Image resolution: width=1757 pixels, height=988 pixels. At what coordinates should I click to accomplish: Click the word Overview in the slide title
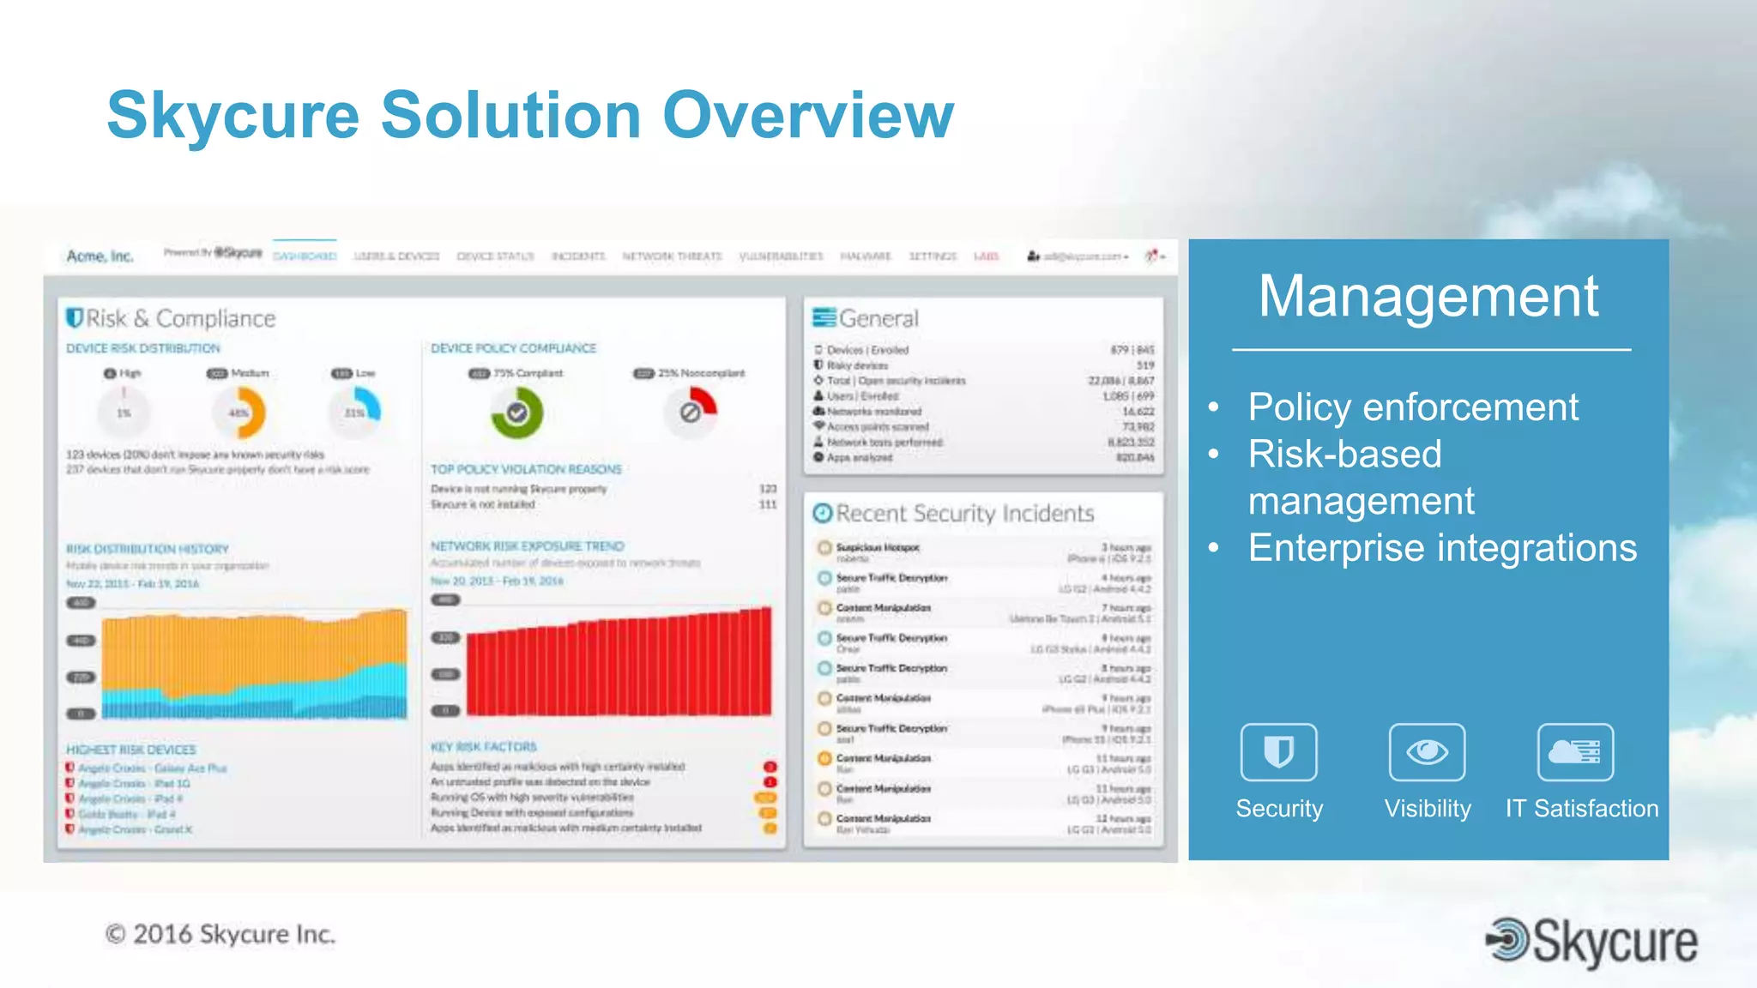pyautogui.click(x=808, y=116)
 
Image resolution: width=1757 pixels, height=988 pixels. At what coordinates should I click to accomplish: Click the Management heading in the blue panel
pyautogui.click(x=1428, y=297)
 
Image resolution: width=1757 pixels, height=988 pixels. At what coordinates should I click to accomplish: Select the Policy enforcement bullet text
pyautogui.click(x=1412, y=407)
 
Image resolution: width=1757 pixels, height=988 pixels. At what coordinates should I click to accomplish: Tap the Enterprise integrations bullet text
pyautogui.click(x=1441, y=548)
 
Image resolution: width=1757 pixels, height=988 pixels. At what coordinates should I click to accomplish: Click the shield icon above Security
pyautogui.click(x=1278, y=752)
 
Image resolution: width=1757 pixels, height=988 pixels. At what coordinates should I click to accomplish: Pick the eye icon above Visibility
pyautogui.click(x=1427, y=752)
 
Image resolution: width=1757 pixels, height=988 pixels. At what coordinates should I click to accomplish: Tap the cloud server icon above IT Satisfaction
pyautogui.click(x=1575, y=752)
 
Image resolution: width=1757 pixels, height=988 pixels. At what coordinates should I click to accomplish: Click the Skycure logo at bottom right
pyautogui.click(x=1592, y=942)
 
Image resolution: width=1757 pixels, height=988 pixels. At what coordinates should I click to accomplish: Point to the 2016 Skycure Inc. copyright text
pyautogui.click(x=220, y=934)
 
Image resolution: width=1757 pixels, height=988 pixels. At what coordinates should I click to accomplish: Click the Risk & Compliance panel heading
pyautogui.click(x=172, y=319)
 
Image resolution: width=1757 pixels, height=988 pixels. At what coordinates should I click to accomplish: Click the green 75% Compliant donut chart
pyautogui.click(x=516, y=413)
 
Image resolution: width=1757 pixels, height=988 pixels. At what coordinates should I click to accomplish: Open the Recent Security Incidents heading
pyautogui.click(x=954, y=514)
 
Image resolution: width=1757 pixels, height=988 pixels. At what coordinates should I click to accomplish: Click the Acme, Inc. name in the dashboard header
pyautogui.click(x=100, y=256)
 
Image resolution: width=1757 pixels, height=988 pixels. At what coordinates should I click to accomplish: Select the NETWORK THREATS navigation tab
pyautogui.click(x=672, y=256)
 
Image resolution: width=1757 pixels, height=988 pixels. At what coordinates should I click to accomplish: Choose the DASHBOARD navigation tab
pyautogui.click(x=305, y=256)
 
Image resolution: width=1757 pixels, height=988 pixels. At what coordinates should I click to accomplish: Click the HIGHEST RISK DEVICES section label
pyautogui.click(x=131, y=750)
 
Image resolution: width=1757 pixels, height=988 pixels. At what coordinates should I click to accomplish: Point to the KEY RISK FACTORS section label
pyautogui.click(x=484, y=747)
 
